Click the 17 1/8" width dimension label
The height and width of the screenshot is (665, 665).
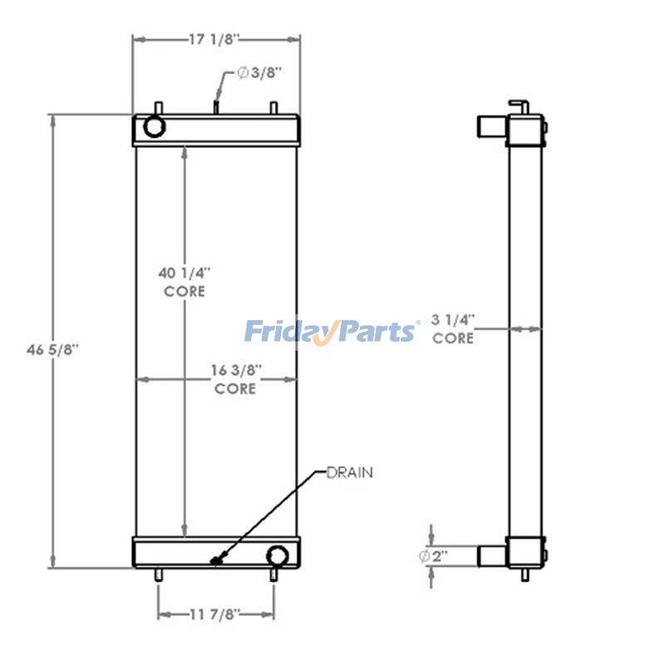(x=214, y=39)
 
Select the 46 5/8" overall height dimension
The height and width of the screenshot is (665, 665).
(x=47, y=350)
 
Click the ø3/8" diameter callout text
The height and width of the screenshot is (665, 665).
(x=259, y=72)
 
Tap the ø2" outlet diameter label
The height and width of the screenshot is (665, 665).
(x=435, y=556)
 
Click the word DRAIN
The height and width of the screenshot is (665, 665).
(x=349, y=472)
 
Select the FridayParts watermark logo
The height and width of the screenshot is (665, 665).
(x=331, y=332)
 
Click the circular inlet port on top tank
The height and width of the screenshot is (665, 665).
(x=155, y=126)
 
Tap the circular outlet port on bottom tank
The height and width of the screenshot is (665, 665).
(x=277, y=555)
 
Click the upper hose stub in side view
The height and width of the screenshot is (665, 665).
(x=490, y=126)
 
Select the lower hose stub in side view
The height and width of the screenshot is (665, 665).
(x=490, y=554)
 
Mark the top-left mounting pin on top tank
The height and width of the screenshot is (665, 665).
(x=159, y=109)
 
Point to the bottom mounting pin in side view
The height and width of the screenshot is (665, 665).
(x=524, y=574)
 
